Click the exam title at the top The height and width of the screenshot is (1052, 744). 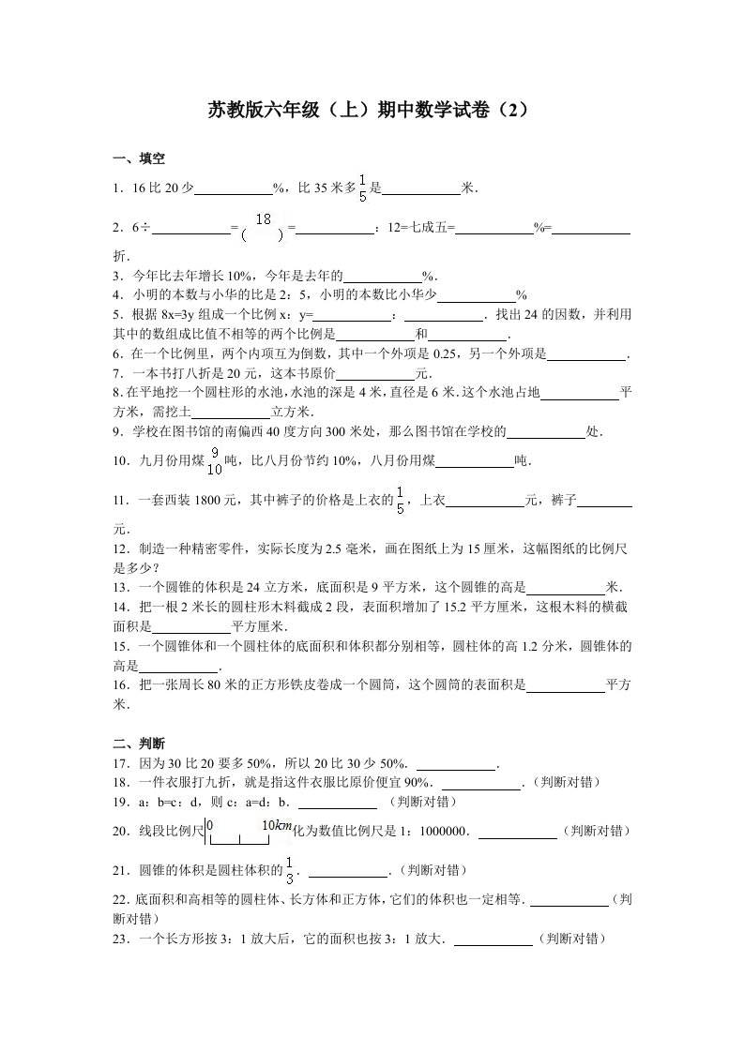(x=372, y=110)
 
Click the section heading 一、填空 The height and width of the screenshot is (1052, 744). (x=139, y=159)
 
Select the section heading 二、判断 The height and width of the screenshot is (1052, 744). (x=139, y=743)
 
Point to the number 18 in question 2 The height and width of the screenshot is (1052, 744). (x=264, y=219)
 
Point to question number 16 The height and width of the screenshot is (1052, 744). (x=120, y=685)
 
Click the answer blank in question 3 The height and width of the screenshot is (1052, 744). (x=383, y=277)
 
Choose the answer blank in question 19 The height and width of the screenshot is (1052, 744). (x=338, y=803)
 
